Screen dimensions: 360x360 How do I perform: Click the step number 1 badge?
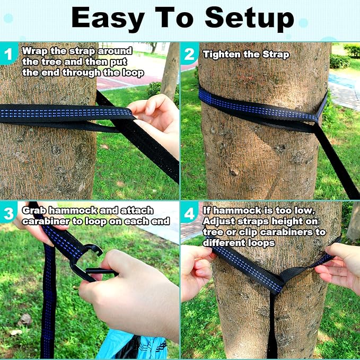tap(9, 54)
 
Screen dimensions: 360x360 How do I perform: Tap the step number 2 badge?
tap(189, 54)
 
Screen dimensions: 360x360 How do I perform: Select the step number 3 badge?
tap(9, 214)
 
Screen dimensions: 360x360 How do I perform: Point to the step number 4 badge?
tap(189, 214)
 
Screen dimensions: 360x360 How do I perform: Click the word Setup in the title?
tap(249, 18)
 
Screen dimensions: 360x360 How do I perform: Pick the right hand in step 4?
tap(339, 268)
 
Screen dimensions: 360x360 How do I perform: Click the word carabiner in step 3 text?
tap(47, 221)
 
